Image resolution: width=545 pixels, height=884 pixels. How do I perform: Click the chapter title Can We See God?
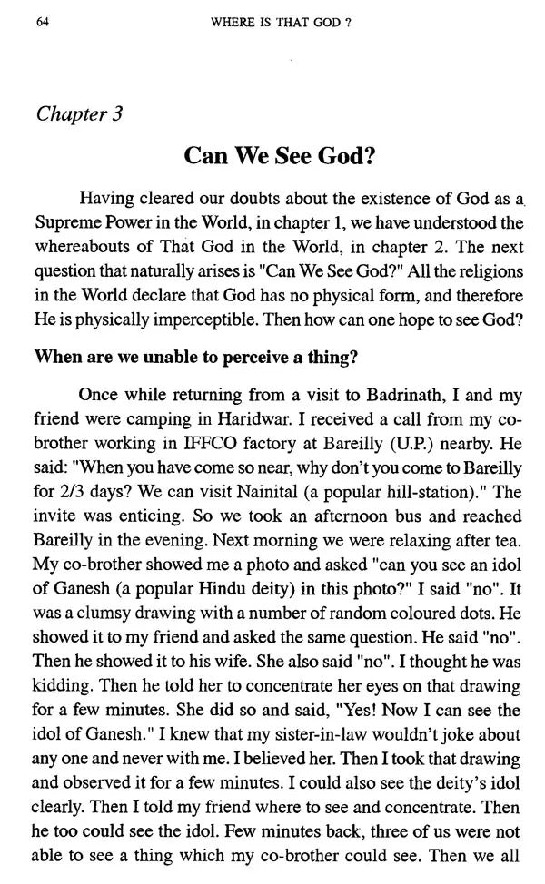pyautogui.click(x=279, y=156)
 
